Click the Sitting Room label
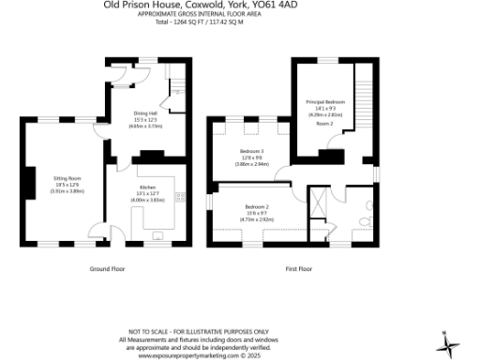click(67, 177)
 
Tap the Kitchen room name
click(145, 187)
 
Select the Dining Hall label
click(145, 113)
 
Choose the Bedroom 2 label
click(257, 206)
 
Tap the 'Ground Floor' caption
click(108, 268)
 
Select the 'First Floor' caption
click(298, 268)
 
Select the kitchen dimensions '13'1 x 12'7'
click(145, 193)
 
